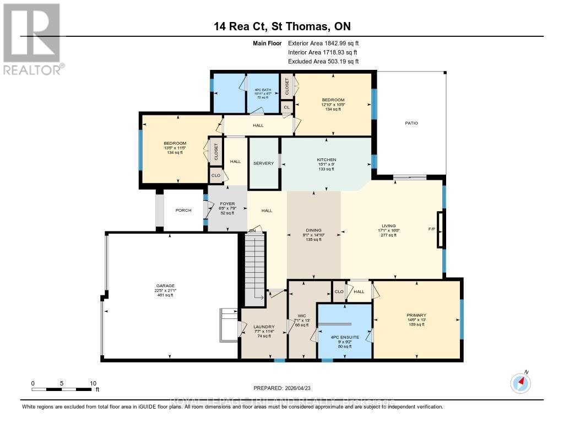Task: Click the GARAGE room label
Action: tap(165, 285)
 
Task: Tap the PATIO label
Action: tap(411, 123)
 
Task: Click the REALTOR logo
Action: tap(32, 38)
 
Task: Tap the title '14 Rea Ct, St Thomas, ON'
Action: tap(282, 26)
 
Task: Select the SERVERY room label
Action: tap(263, 163)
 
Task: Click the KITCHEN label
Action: tap(326, 160)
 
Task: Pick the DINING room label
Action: tap(314, 230)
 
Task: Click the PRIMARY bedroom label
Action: tap(416, 315)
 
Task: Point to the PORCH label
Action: tap(183, 210)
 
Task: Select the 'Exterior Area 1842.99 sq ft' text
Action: tap(323, 43)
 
